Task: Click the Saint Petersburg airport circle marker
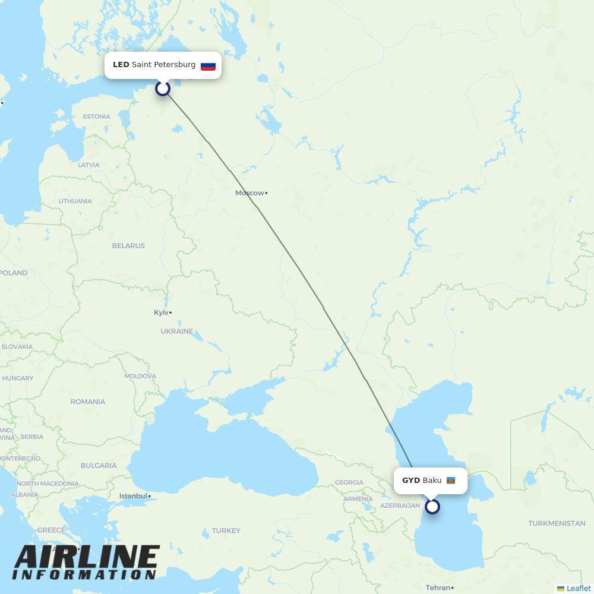[x=163, y=89]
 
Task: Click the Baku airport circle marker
[x=432, y=507]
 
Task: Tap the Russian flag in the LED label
[x=208, y=65]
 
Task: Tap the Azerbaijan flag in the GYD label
[x=451, y=481]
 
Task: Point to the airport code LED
[x=121, y=65]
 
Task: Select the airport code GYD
[x=411, y=481]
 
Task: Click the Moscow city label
[x=249, y=193]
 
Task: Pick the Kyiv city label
[x=161, y=312]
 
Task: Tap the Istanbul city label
[x=133, y=496]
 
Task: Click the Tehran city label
[x=438, y=588]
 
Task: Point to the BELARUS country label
[x=128, y=245]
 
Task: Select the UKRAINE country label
[x=176, y=331]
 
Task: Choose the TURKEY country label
[x=226, y=531]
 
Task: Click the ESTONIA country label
[x=96, y=116]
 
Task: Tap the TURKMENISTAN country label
[x=557, y=523]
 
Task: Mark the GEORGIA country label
[x=349, y=483]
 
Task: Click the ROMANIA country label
[x=87, y=402]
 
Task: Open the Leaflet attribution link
[x=578, y=588]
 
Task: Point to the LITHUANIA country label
[x=75, y=201]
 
